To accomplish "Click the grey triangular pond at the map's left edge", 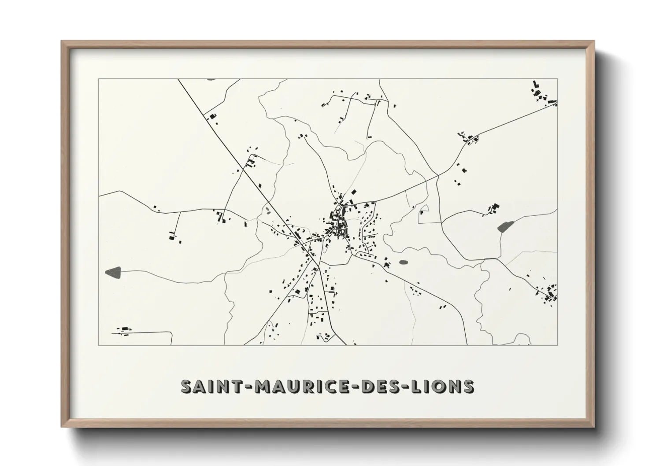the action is [x=113, y=272].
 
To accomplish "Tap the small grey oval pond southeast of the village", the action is [x=403, y=262].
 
